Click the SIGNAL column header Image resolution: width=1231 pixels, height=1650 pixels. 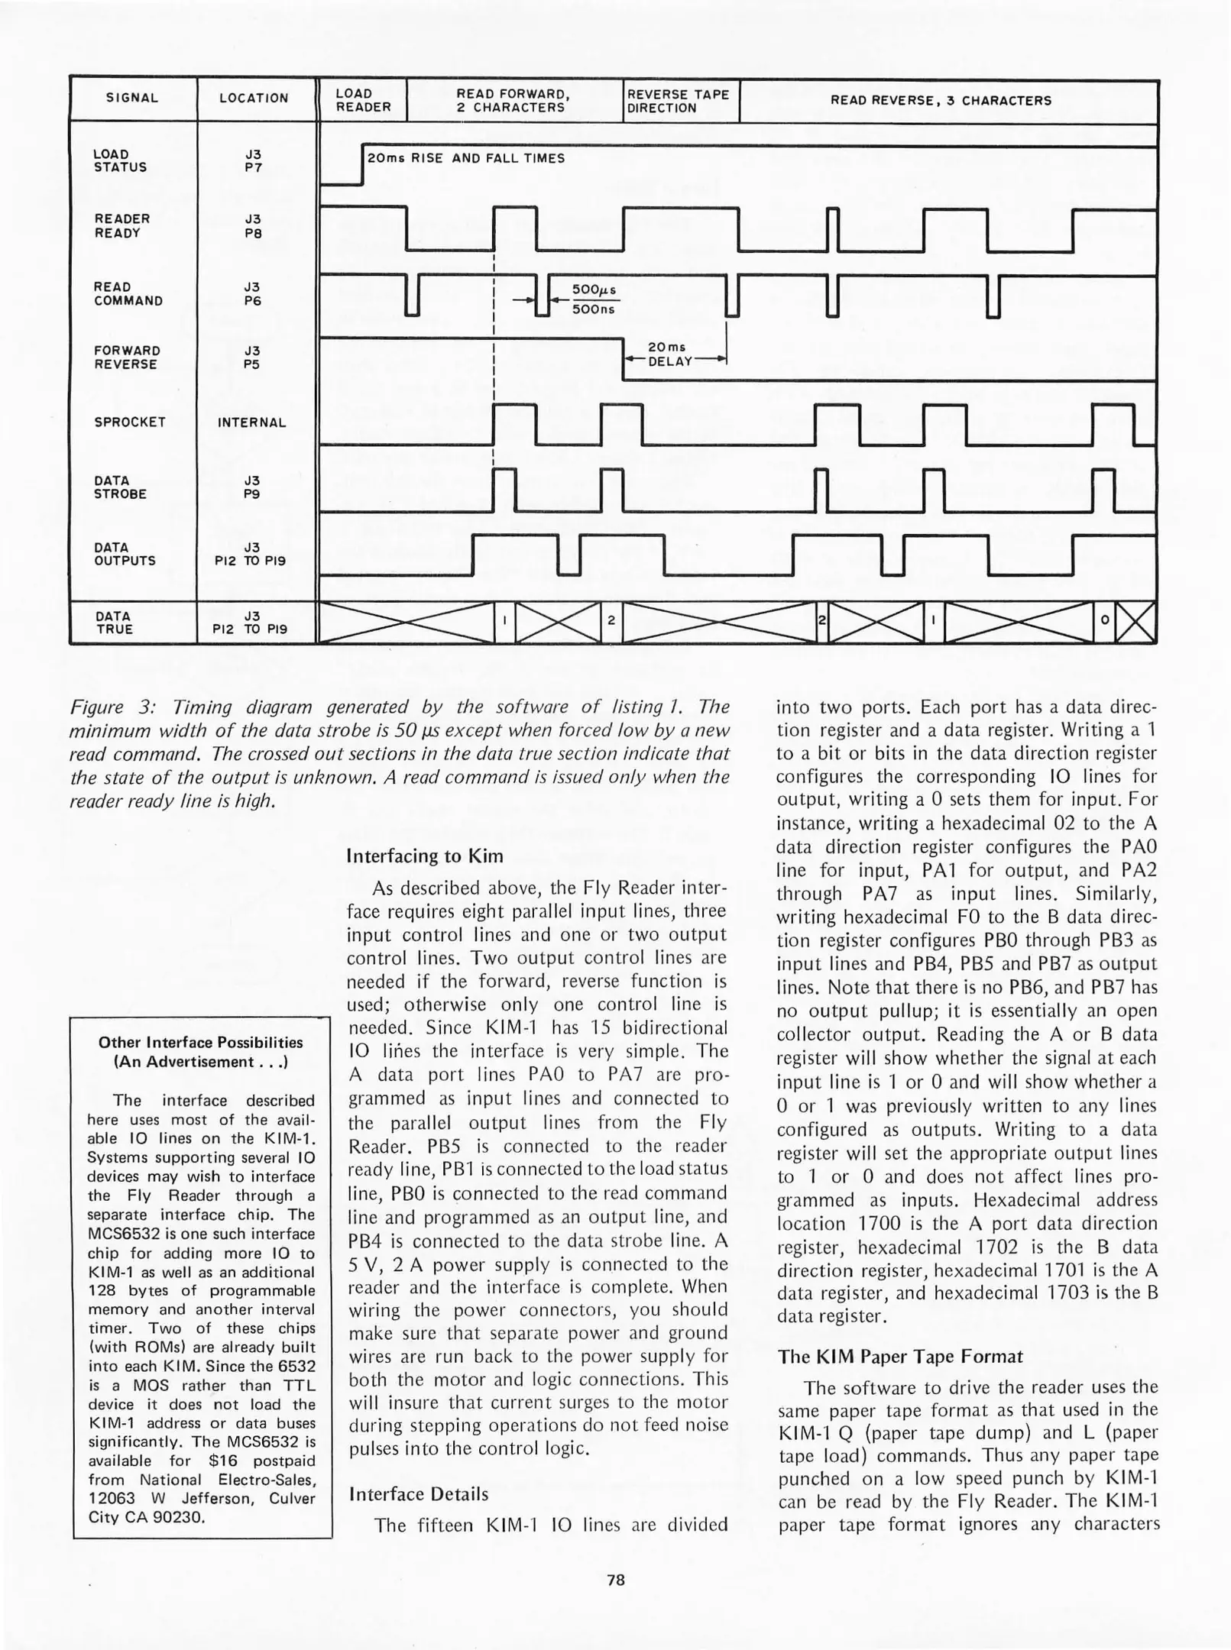[132, 99]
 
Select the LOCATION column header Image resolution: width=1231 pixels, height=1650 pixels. [254, 99]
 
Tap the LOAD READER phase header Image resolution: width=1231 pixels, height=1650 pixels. [363, 101]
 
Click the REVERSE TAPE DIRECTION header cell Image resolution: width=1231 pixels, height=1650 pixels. [679, 101]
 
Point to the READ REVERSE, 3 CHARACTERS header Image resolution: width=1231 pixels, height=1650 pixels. [941, 101]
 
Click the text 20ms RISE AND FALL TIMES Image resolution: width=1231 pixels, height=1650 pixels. [466, 159]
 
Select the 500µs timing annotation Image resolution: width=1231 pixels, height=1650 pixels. [594, 290]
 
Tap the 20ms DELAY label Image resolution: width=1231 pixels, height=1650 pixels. [669, 354]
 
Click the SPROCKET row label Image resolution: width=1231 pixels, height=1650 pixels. [130, 422]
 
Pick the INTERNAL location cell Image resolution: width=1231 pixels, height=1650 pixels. [252, 422]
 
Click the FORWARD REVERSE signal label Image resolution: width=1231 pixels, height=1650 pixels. [127, 357]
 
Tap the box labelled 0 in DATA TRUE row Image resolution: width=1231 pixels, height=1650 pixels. [1104, 622]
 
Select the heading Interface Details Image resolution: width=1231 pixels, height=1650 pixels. [417, 1494]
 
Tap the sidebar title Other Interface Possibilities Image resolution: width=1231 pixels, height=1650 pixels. [201, 1043]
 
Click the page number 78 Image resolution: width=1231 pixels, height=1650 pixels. [616, 1580]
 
